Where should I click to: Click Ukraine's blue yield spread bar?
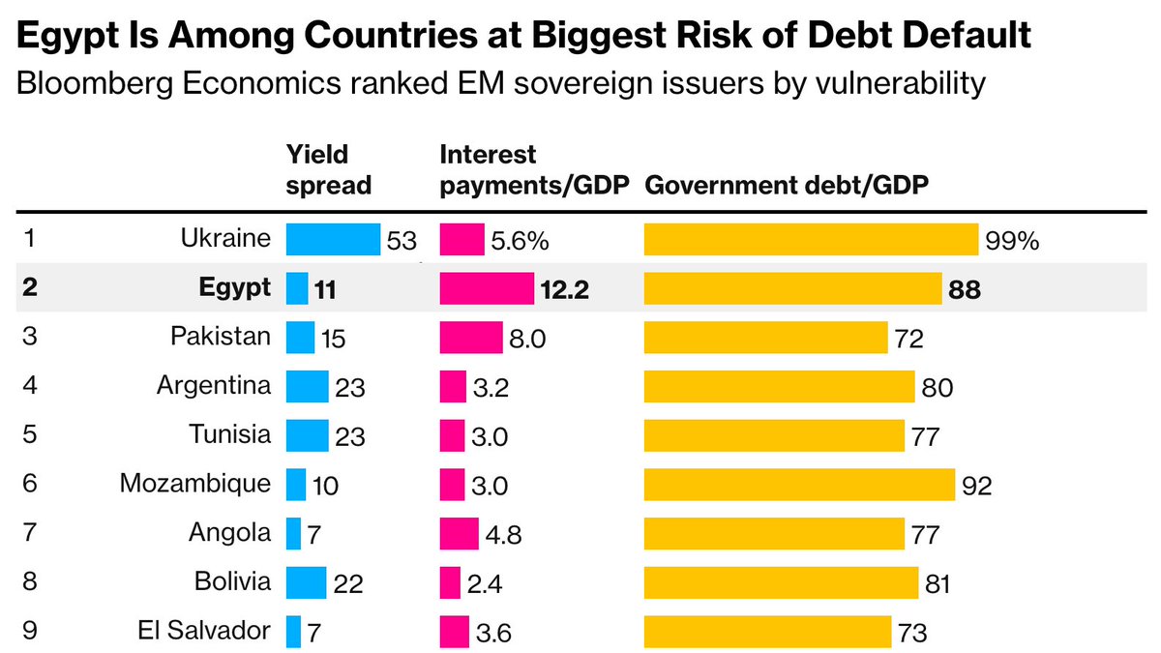point(333,240)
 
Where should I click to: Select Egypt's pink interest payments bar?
point(487,288)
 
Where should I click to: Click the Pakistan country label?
point(222,338)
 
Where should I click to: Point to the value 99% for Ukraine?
point(1012,240)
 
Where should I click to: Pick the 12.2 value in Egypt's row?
point(567,289)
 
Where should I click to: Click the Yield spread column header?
point(329,169)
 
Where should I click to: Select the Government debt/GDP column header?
point(787,185)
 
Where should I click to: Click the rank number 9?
point(28,632)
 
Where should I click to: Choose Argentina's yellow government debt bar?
point(779,386)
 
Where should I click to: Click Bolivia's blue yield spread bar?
point(307,582)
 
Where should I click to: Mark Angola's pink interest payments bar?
point(460,533)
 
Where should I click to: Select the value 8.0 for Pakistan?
point(524,339)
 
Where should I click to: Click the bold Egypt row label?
point(235,288)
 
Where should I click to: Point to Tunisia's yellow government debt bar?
point(774,435)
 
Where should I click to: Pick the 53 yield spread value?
point(401,241)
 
